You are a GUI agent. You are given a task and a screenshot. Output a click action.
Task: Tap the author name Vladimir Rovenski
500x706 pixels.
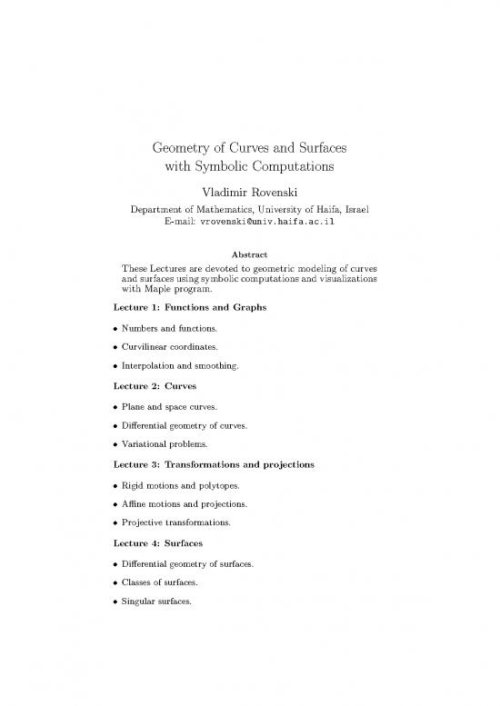(250, 192)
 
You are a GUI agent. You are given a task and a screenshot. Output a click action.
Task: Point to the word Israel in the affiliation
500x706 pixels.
(359, 210)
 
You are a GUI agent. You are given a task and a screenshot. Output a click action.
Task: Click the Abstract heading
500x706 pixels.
(250, 254)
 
